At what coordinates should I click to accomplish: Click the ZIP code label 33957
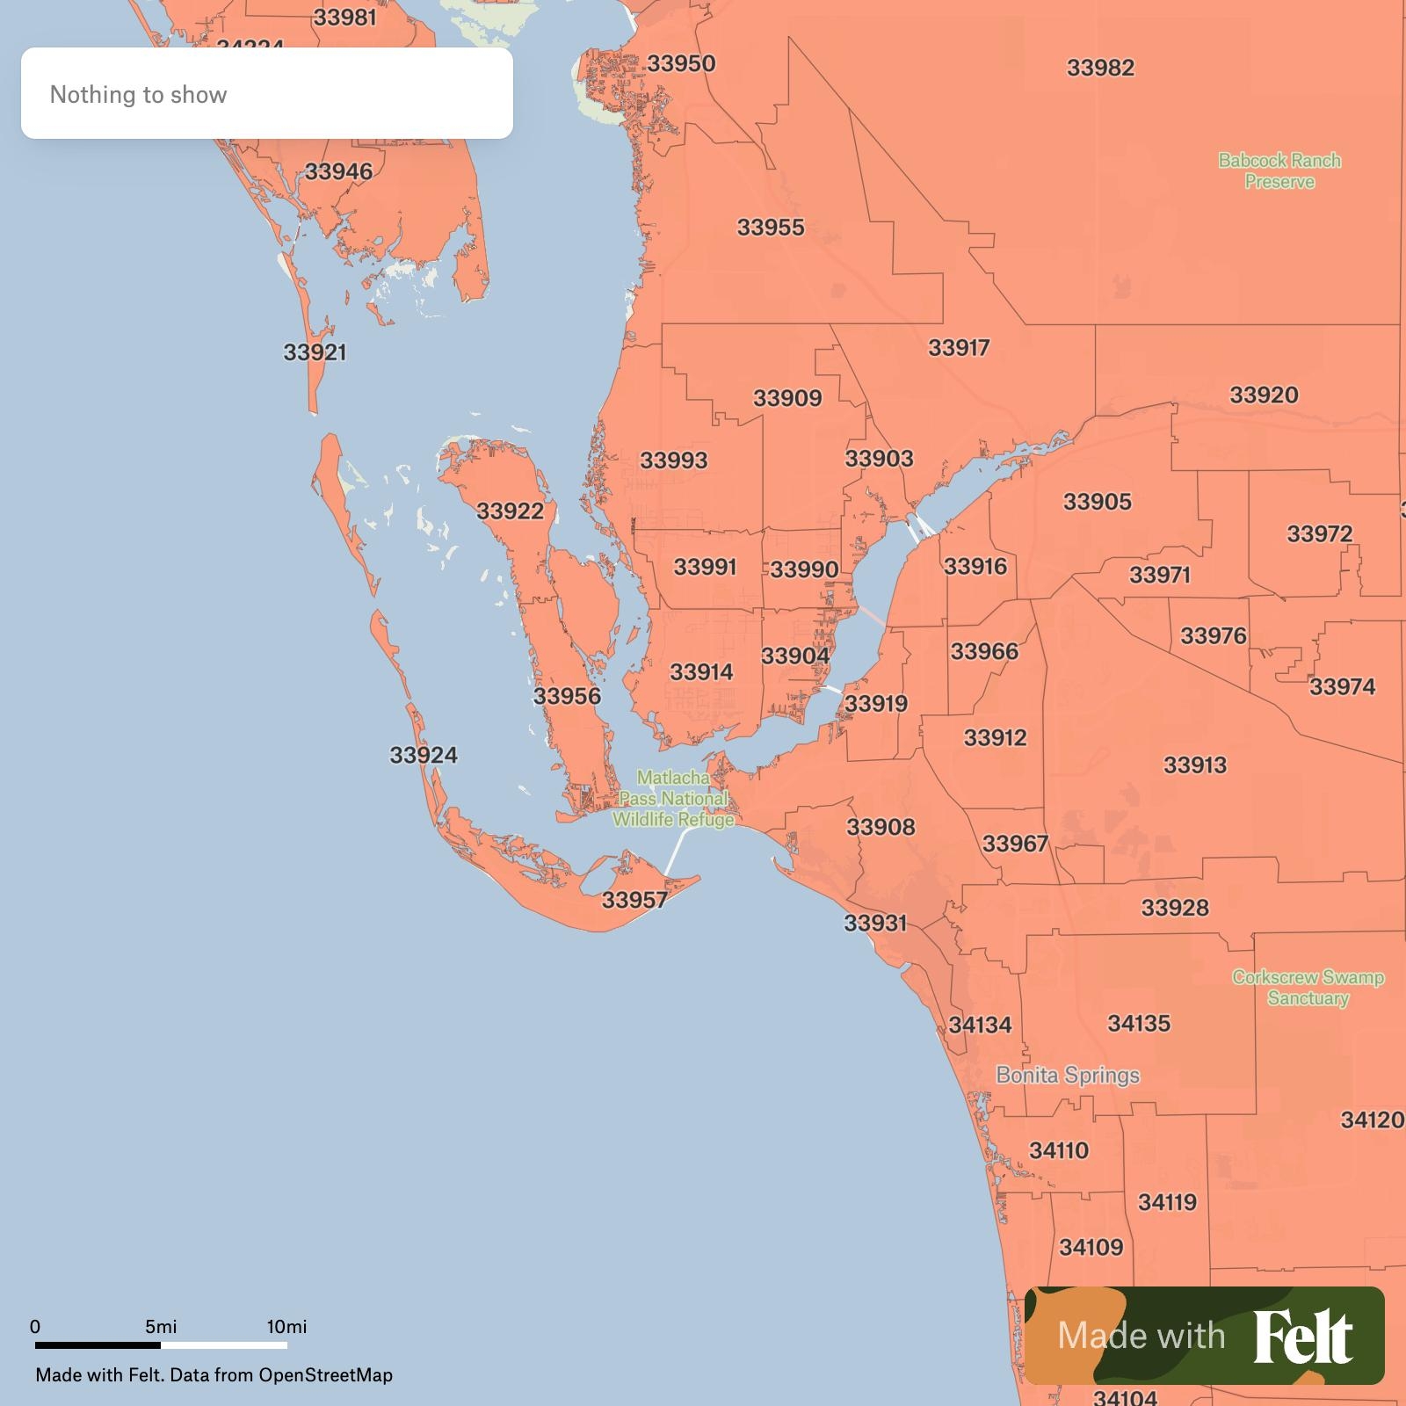click(634, 900)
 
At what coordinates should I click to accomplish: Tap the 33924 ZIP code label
click(424, 755)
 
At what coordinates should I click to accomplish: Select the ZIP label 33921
click(315, 352)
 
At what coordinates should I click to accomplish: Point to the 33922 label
click(510, 511)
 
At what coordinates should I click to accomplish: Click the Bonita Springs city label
click(1068, 1075)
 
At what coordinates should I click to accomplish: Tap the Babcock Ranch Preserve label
click(1279, 171)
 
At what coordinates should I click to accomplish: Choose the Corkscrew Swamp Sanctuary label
click(1308, 988)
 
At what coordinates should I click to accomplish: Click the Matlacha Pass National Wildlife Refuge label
click(673, 799)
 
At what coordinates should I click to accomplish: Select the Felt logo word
click(1302, 1337)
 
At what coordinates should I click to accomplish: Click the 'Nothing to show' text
click(138, 95)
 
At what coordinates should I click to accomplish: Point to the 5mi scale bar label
click(161, 1327)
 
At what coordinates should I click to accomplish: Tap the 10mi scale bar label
click(286, 1327)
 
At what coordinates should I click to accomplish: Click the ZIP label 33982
click(1100, 68)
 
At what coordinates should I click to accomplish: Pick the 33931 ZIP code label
click(875, 923)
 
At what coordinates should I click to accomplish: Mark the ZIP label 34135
click(1139, 1023)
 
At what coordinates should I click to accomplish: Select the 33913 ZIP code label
click(1195, 765)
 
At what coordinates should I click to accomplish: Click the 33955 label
click(771, 228)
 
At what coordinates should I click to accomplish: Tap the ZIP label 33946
click(338, 171)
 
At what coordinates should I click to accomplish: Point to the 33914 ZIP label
click(701, 672)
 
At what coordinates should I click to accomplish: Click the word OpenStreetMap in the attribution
click(325, 1375)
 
